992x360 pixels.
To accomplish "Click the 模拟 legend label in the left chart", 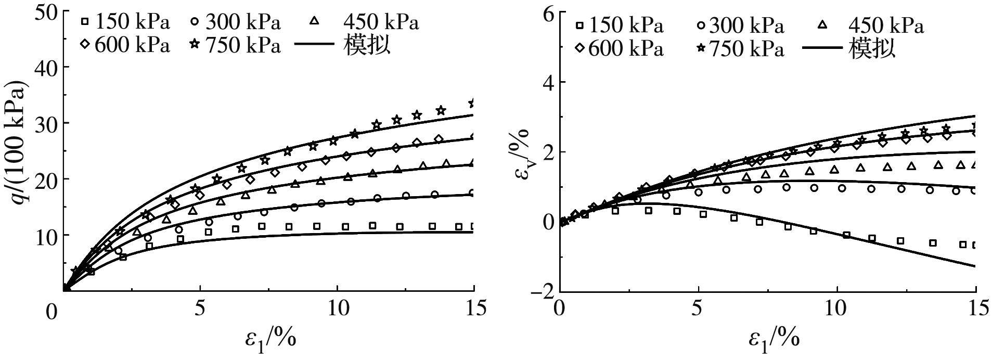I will point(367,46).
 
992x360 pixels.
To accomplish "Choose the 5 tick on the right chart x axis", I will point(698,308).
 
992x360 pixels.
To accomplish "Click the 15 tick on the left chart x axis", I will point(474,308).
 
